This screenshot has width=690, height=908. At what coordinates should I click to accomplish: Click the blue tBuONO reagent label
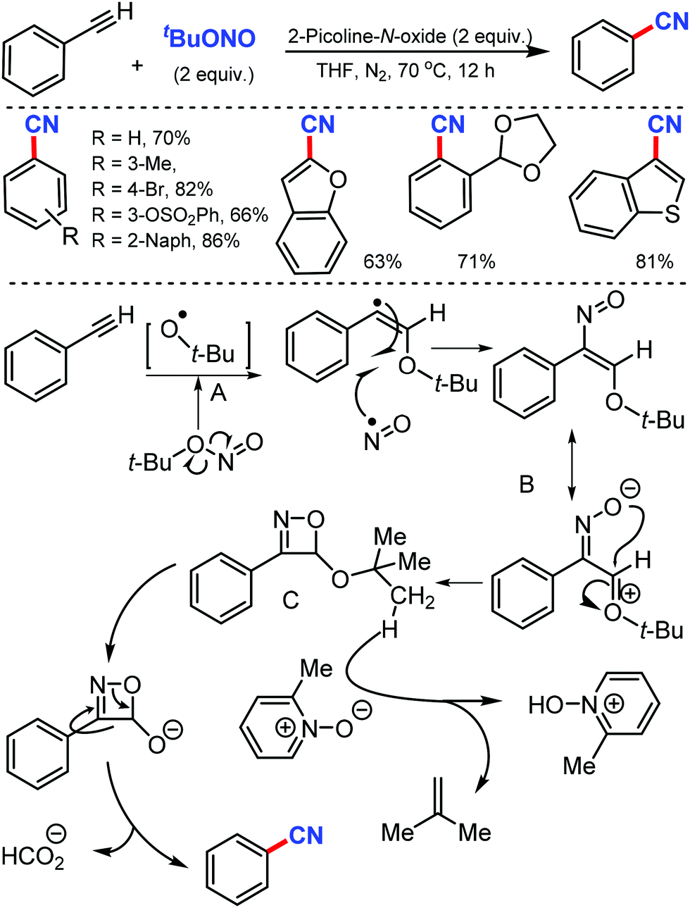210,38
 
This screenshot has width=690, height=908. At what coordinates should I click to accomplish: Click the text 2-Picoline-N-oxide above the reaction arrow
410,36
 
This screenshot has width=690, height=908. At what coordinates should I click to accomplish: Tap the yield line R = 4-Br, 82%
152,189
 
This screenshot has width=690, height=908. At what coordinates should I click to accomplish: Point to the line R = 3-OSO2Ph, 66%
180,215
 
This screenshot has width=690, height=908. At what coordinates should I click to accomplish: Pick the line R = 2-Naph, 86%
165,241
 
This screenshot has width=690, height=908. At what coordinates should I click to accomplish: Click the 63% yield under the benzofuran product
382,262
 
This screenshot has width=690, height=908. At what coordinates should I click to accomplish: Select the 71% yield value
477,262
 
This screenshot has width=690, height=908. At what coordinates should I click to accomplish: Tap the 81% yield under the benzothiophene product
654,262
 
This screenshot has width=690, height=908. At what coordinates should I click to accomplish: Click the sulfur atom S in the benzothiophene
672,213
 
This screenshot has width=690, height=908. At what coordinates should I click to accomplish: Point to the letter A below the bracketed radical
218,392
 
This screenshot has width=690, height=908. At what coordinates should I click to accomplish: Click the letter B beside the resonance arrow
527,485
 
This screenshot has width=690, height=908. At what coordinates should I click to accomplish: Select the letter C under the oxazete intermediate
291,599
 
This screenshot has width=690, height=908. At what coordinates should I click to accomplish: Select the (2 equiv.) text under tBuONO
213,75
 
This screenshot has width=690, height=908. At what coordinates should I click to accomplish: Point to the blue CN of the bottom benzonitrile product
306,835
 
